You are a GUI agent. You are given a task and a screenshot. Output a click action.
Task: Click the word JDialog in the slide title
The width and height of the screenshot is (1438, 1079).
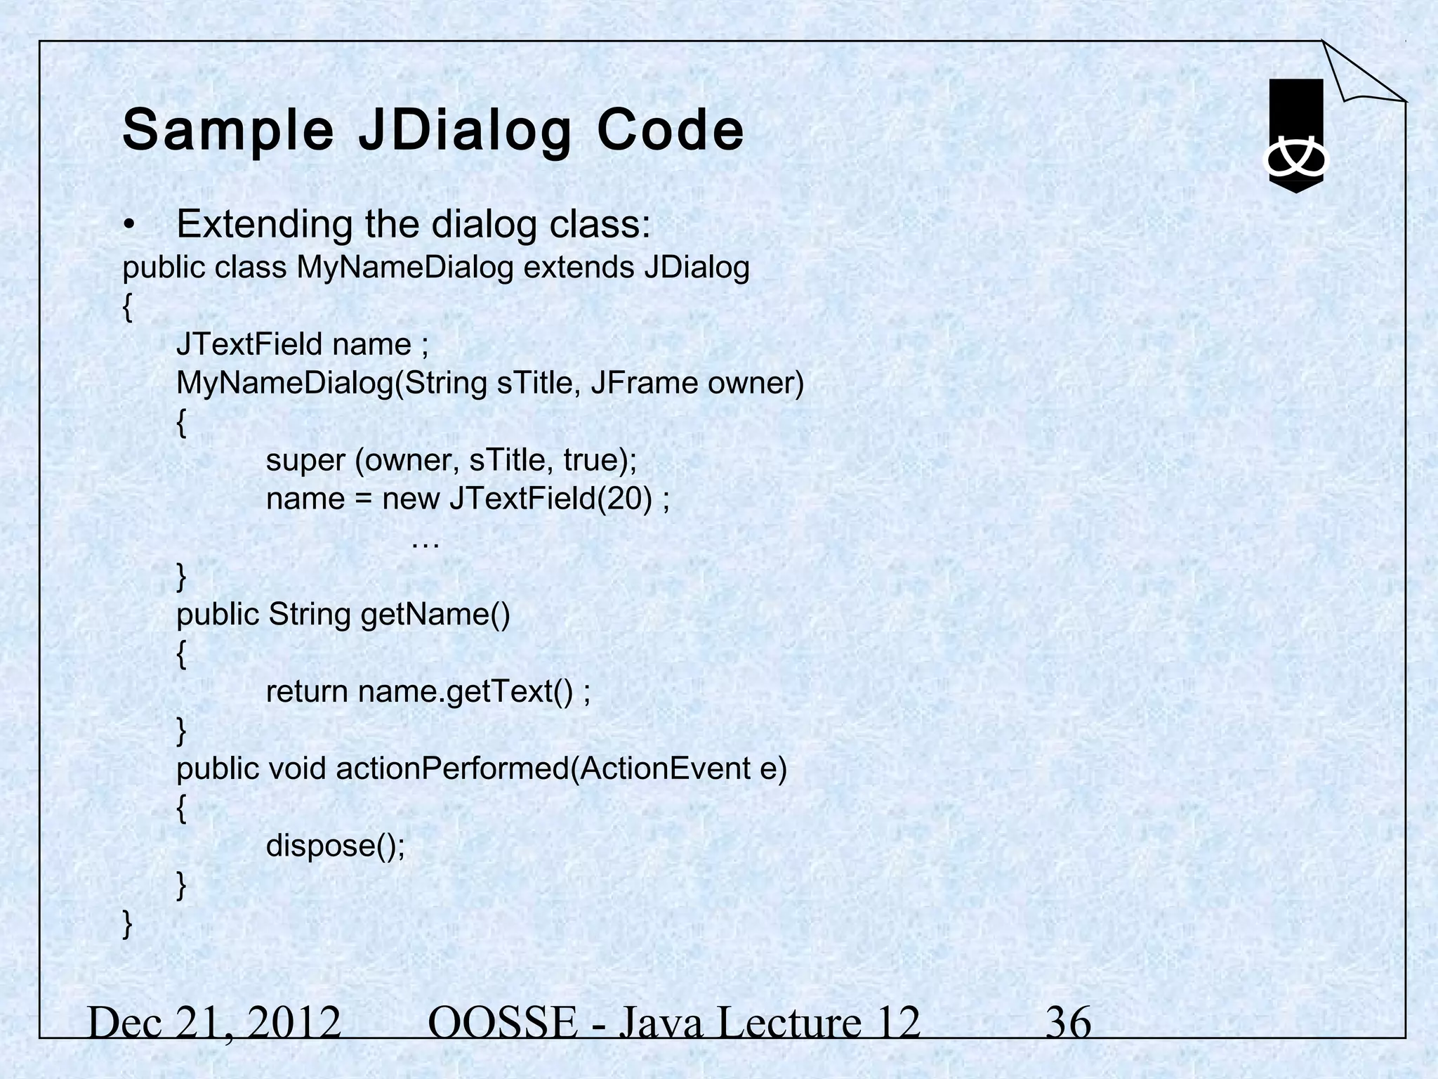tap(465, 131)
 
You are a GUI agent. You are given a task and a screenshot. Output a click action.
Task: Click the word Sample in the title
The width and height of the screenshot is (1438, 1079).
tap(228, 131)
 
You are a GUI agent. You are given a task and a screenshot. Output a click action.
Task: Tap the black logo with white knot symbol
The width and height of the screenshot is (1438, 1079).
tap(1295, 136)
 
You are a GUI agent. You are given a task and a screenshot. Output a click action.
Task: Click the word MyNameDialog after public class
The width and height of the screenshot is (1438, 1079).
tap(405, 268)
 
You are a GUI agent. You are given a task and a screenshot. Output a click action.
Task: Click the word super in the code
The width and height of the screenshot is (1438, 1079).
tap(305, 461)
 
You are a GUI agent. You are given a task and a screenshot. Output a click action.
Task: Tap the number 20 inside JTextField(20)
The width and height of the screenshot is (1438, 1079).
tap(625, 499)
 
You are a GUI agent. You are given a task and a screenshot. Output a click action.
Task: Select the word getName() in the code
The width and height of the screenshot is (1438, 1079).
tap(435, 615)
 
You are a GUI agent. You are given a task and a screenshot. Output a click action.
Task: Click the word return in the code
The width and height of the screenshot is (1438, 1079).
tap(307, 692)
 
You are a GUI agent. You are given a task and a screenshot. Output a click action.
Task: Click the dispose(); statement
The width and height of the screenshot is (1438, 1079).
tap(336, 846)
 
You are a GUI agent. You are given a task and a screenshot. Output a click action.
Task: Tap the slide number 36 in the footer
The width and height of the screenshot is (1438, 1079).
tap(1068, 1023)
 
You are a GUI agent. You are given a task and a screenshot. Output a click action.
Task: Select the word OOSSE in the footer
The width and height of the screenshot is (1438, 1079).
tap(501, 1023)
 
